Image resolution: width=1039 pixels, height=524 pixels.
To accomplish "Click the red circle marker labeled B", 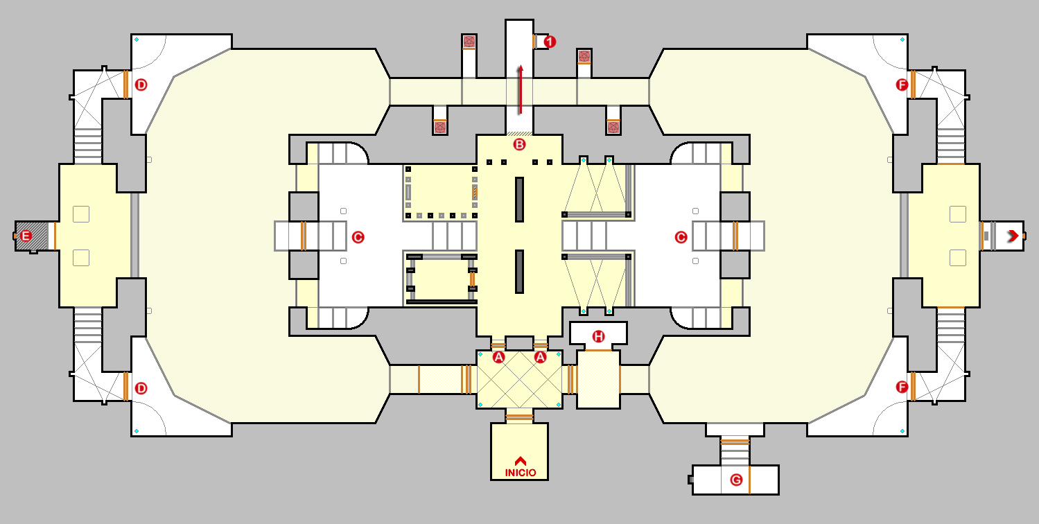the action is (x=519, y=145).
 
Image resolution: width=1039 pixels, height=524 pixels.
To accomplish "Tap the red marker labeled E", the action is (x=26, y=236).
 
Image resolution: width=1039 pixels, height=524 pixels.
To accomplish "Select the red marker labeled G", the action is (x=736, y=480).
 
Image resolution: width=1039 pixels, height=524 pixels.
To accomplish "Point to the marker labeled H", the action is (x=598, y=337).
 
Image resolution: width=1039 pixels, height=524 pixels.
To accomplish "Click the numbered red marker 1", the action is (x=550, y=42).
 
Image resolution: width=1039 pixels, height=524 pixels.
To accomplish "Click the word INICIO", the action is (x=520, y=473).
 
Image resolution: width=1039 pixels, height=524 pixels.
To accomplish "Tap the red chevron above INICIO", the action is (x=520, y=460).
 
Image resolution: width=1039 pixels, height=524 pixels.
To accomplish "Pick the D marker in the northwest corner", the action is (x=141, y=85).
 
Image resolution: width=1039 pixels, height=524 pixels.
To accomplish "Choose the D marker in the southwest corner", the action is (x=141, y=388).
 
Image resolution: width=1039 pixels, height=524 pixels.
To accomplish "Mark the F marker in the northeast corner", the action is (x=902, y=85).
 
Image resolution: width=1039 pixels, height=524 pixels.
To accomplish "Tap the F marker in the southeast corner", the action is (x=902, y=387).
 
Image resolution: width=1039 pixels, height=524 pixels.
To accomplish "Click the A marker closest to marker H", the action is (x=541, y=358).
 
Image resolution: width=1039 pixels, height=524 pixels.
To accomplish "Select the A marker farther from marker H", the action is (x=498, y=358).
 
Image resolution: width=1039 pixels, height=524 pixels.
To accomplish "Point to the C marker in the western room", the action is (x=358, y=237).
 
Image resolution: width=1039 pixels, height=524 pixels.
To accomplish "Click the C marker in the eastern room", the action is (x=681, y=237).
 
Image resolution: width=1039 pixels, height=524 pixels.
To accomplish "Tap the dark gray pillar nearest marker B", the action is (x=519, y=199).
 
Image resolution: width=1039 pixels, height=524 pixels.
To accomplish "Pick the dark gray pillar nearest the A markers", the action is (x=519, y=271).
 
